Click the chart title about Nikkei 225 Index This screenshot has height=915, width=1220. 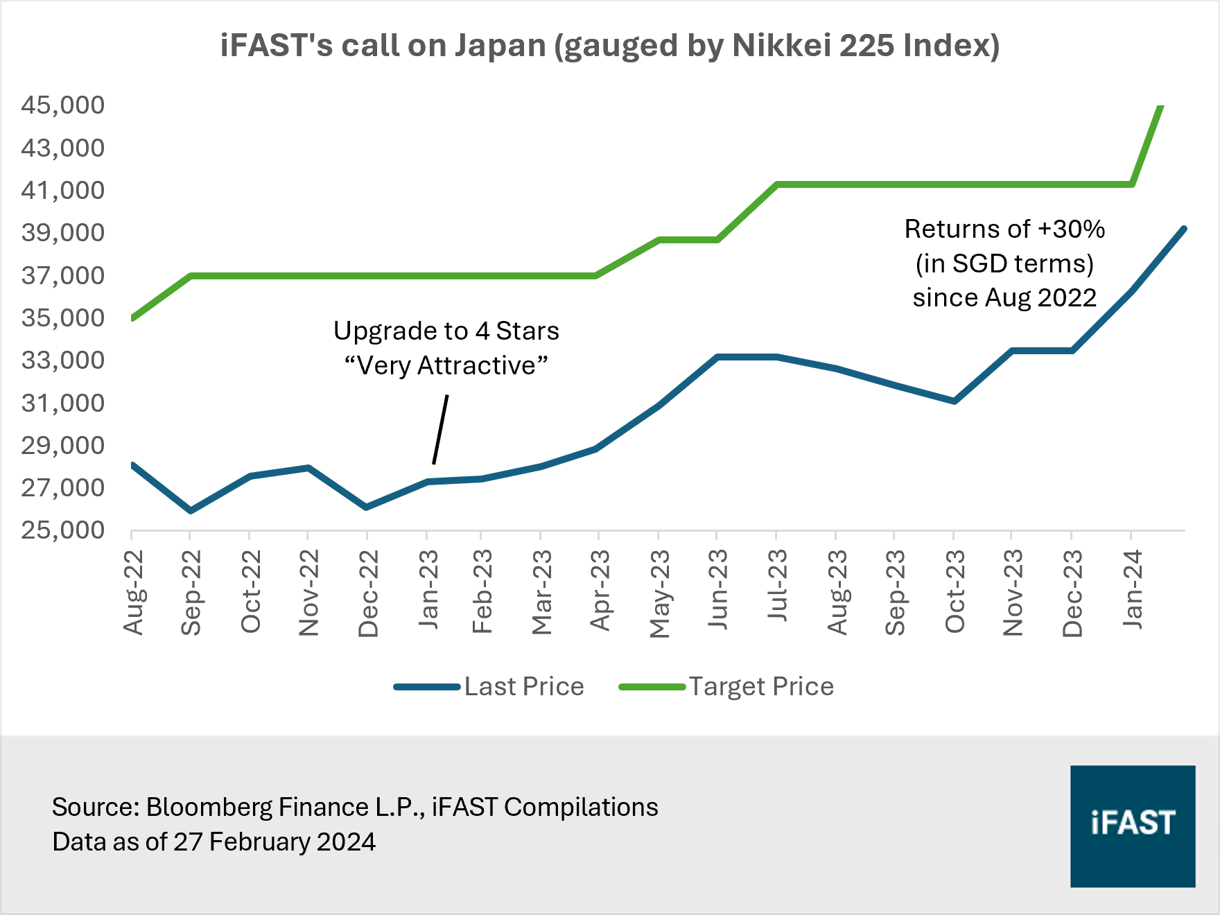click(610, 46)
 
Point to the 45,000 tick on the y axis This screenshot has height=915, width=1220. click(62, 105)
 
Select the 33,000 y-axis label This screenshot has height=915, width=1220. click(62, 360)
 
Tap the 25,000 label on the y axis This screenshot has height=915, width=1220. click(62, 530)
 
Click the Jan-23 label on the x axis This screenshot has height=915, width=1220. click(429, 589)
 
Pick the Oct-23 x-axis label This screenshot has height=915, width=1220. click(955, 591)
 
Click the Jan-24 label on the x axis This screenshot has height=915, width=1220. click(1132, 589)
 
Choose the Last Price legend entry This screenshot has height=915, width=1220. click(489, 686)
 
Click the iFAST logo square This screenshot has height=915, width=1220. click(1132, 826)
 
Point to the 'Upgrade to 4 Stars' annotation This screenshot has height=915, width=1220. click(446, 331)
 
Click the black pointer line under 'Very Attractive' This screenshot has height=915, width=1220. click(440, 429)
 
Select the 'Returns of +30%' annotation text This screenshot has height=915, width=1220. click(1004, 229)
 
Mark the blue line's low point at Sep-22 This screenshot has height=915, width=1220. click(191, 511)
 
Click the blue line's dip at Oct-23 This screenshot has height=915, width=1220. click(955, 401)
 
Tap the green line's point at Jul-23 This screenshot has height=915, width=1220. click(777, 184)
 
